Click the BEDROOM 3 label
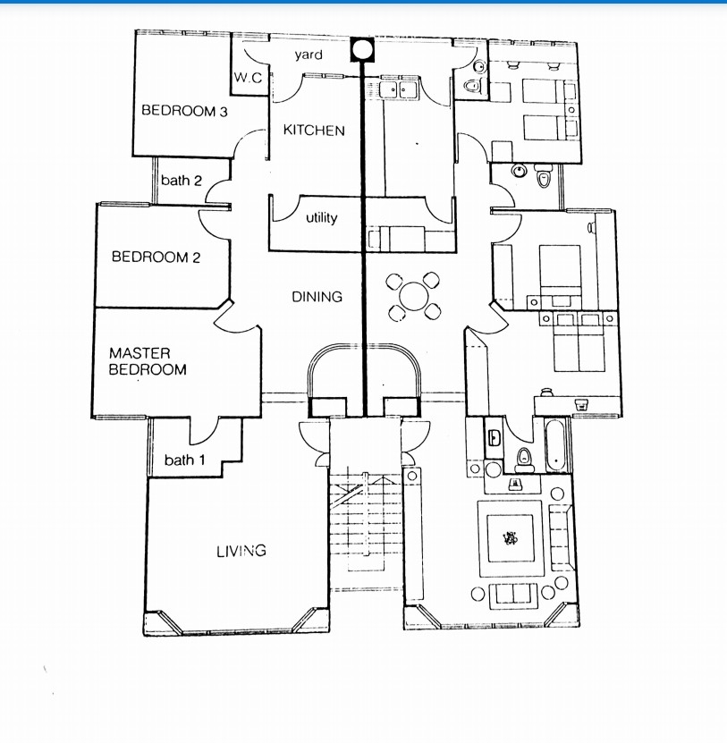pyautogui.click(x=184, y=111)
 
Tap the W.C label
pyautogui.click(x=248, y=78)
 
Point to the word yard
pyautogui.click(x=309, y=55)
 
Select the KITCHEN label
pyautogui.click(x=314, y=131)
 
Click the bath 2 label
pyautogui.click(x=182, y=180)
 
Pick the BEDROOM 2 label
pyautogui.click(x=156, y=257)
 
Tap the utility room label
pyautogui.click(x=321, y=217)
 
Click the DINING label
pyautogui.click(x=317, y=297)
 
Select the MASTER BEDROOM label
pyautogui.click(x=148, y=361)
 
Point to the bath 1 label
pyautogui.click(x=185, y=460)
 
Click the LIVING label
pyautogui.click(x=241, y=551)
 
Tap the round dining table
pyautogui.click(x=414, y=296)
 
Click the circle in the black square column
pyautogui.click(x=362, y=49)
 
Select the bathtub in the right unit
pyautogui.click(x=555, y=445)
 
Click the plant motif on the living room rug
pyautogui.click(x=510, y=538)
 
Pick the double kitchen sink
pyautogui.click(x=399, y=89)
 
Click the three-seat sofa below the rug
pyautogui.click(x=513, y=596)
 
